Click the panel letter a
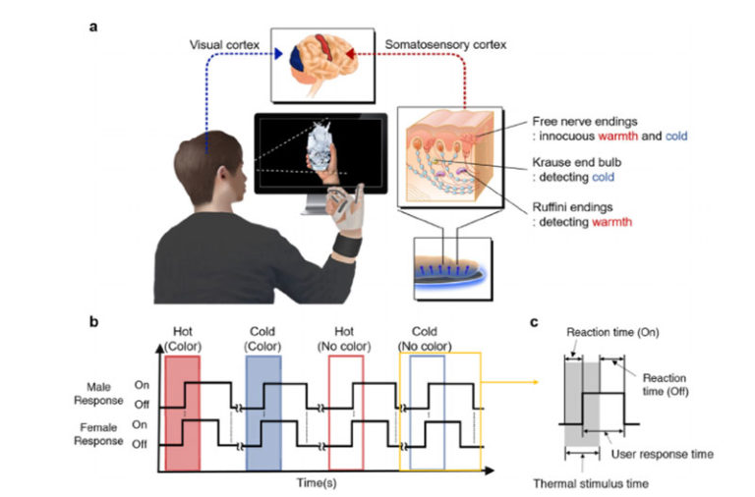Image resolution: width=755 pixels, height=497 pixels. click(x=94, y=27)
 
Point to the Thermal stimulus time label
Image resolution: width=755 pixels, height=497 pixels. click(x=592, y=482)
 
